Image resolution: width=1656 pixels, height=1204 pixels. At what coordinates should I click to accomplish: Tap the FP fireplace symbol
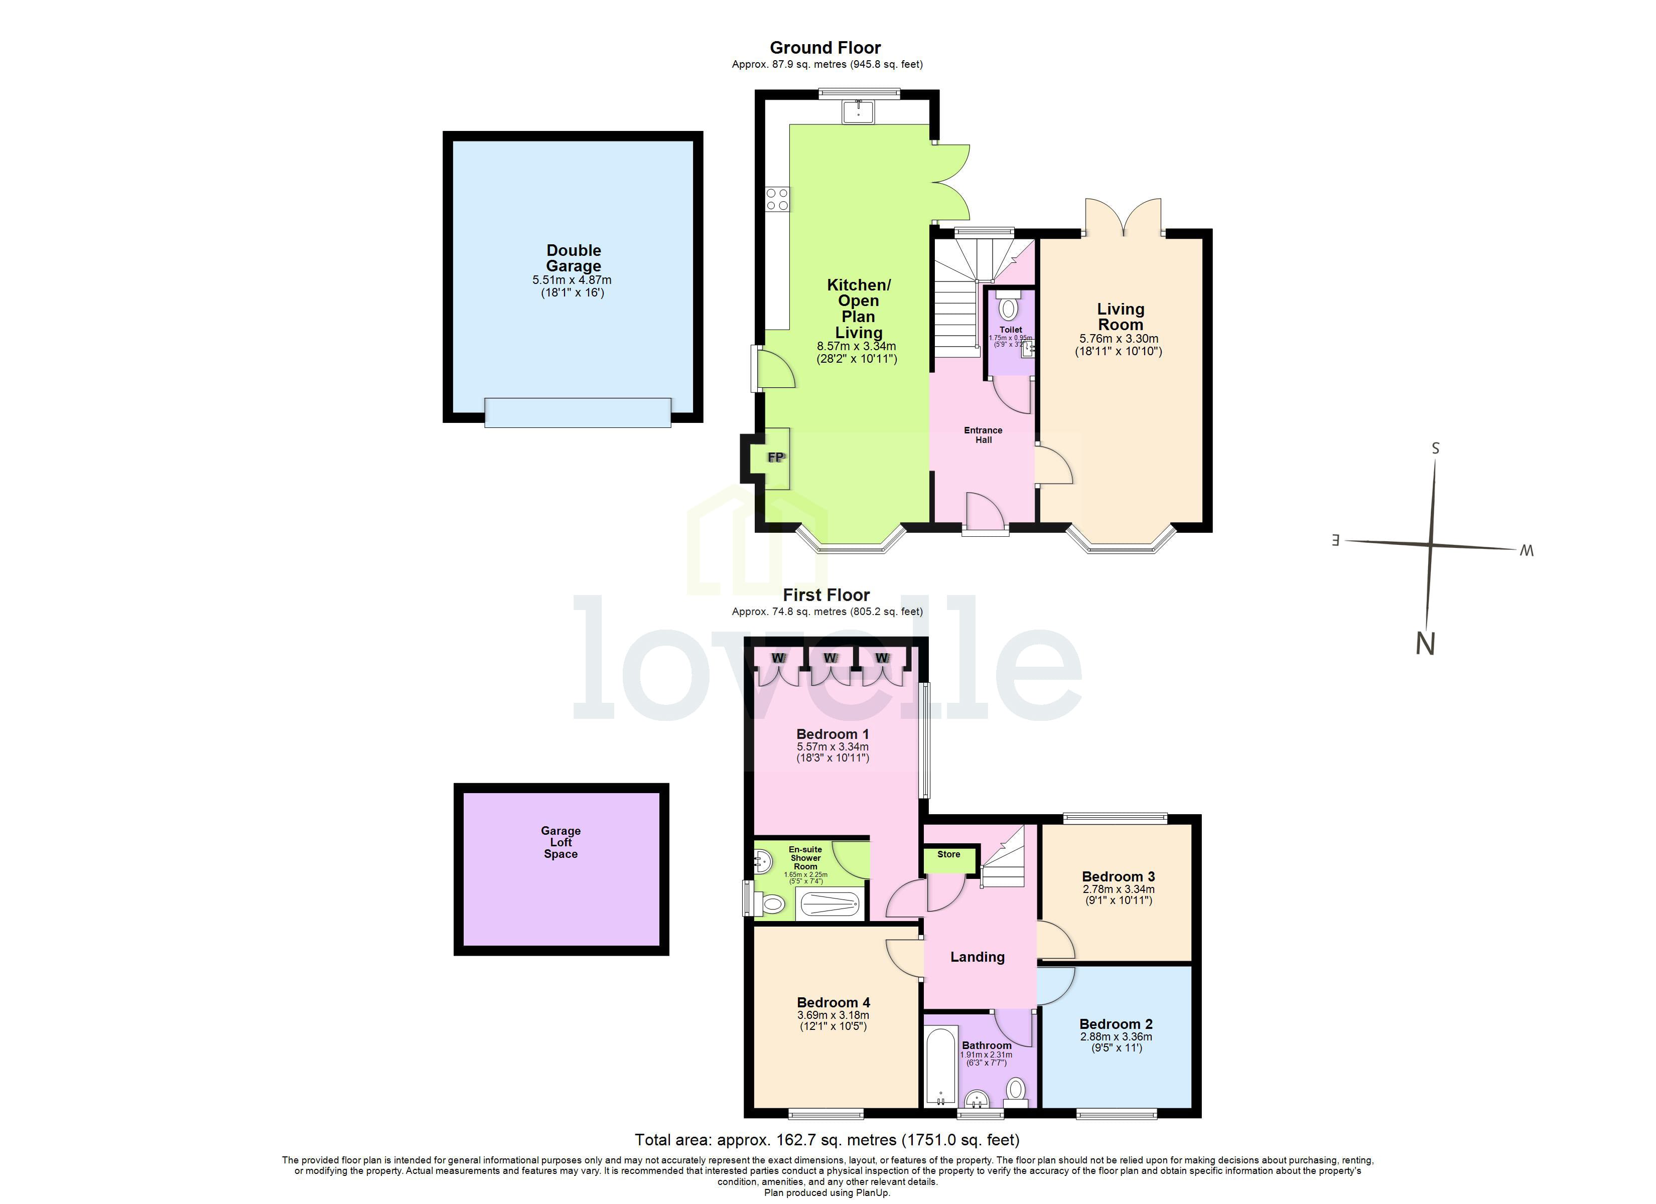(775, 458)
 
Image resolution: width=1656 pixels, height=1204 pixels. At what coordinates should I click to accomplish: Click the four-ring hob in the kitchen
(777, 199)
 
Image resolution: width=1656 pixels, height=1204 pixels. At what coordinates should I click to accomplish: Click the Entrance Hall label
(983, 435)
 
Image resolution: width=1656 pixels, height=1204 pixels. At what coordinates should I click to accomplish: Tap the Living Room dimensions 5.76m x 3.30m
(1119, 339)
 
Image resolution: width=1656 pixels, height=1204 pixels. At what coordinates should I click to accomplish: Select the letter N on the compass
(1425, 644)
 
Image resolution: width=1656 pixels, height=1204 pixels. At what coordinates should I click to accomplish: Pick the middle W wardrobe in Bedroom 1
(830, 659)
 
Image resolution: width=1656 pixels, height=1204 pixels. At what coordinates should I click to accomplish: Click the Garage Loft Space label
(561, 843)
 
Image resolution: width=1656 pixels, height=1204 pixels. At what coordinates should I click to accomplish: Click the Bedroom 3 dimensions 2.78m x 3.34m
(1119, 889)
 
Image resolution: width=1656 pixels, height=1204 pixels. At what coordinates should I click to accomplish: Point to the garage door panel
(578, 412)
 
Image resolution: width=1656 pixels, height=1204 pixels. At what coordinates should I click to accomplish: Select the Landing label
(977, 957)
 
